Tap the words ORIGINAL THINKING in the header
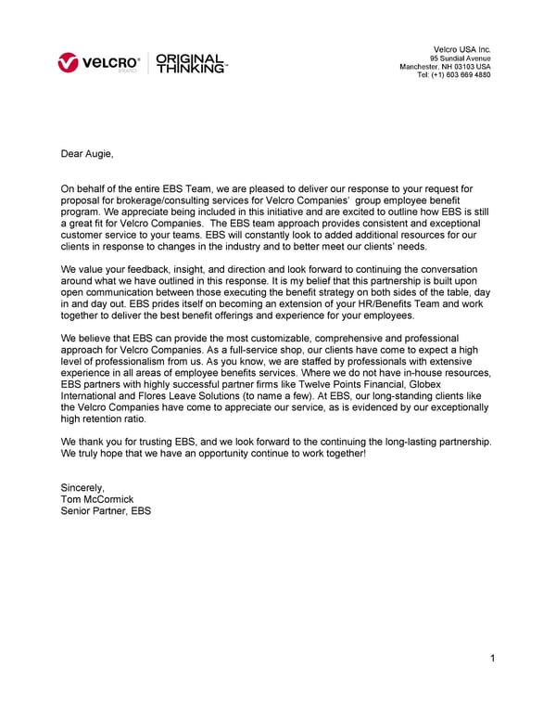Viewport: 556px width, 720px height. click(x=190, y=62)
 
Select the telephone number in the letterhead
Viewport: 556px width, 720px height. click(x=454, y=75)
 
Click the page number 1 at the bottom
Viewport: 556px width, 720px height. click(x=494, y=659)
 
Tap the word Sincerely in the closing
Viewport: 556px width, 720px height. click(x=82, y=487)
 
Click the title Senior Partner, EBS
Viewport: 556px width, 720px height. click(x=105, y=511)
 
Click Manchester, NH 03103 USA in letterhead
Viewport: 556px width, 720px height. click(x=445, y=67)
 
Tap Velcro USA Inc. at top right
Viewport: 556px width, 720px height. click(x=462, y=48)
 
